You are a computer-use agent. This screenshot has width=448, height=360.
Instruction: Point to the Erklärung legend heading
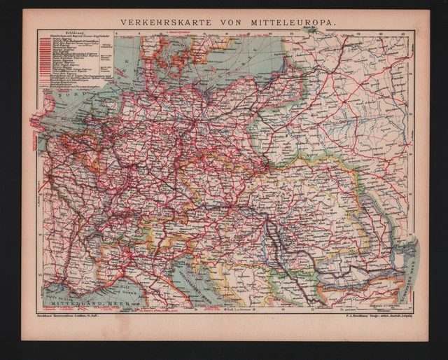tap(54, 34)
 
